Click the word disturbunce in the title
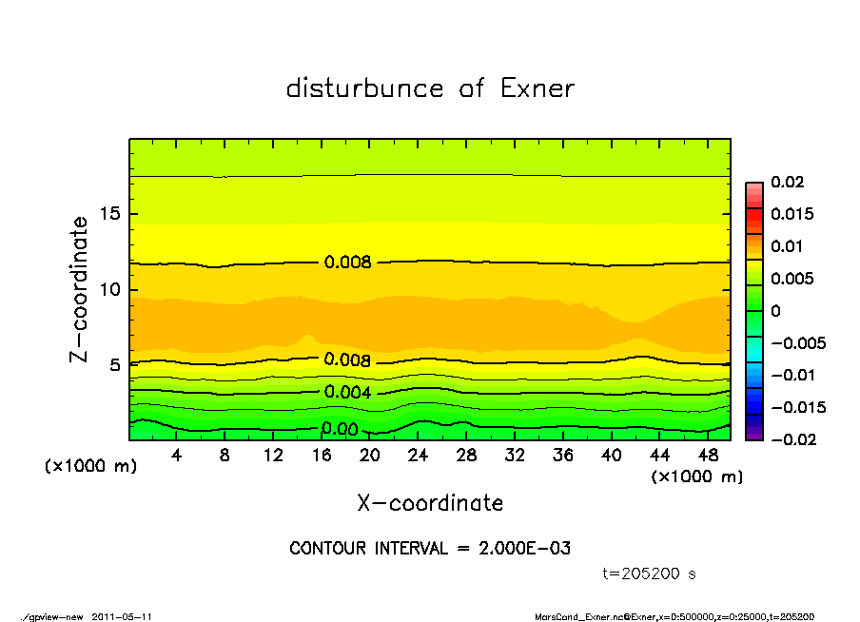coord(364,88)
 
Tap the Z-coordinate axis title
coord(79,288)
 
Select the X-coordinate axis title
coord(430,503)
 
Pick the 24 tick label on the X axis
coord(419,456)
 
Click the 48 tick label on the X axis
coord(709,456)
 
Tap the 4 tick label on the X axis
coord(177,456)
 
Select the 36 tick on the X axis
coord(563,456)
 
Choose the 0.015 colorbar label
coord(792,214)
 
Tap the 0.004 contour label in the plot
coord(347,392)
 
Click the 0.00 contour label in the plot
coord(340,430)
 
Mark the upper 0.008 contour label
coord(347,262)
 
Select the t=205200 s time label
coord(650,573)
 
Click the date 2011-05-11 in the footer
coord(122,616)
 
